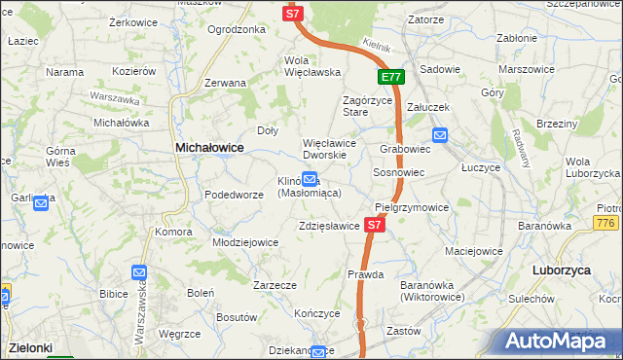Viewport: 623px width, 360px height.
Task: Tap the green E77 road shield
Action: coord(390,77)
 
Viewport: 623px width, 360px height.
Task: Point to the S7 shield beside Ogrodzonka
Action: coord(294,13)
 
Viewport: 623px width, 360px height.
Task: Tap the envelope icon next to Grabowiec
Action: coord(440,136)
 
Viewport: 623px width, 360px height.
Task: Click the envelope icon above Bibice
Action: coord(139,274)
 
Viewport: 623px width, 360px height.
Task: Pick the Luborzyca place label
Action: coord(563,270)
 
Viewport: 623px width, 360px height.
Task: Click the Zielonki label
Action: coord(31,345)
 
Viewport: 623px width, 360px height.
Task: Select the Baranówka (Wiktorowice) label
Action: coord(432,290)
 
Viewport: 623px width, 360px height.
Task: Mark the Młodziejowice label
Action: coord(246,242)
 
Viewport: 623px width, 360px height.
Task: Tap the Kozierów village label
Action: coord(134,71)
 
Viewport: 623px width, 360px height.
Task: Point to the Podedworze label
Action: coord(234,195)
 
